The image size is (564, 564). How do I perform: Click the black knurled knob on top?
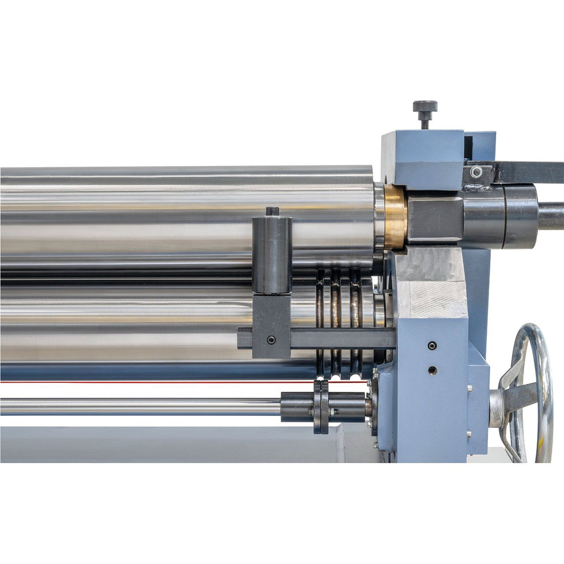coord(425,106)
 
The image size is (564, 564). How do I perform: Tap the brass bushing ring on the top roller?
coord(395,216)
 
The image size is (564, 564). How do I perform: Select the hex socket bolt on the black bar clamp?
coord(475,172)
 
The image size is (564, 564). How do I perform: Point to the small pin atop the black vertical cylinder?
coord(272,211)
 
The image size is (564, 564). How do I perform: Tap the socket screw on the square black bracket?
coord(271,340)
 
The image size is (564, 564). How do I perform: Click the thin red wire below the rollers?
coord(139,382)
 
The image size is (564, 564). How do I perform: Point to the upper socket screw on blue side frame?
coord(433,345)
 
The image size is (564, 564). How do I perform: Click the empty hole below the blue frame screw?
coord(433,370)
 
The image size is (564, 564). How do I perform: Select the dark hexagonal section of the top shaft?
coord(434,216)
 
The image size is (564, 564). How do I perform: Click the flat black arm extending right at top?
coord(530,172)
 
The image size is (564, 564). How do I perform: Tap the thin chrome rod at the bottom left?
coord(139,406)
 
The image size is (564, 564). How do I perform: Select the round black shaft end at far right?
coord(552,216)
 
